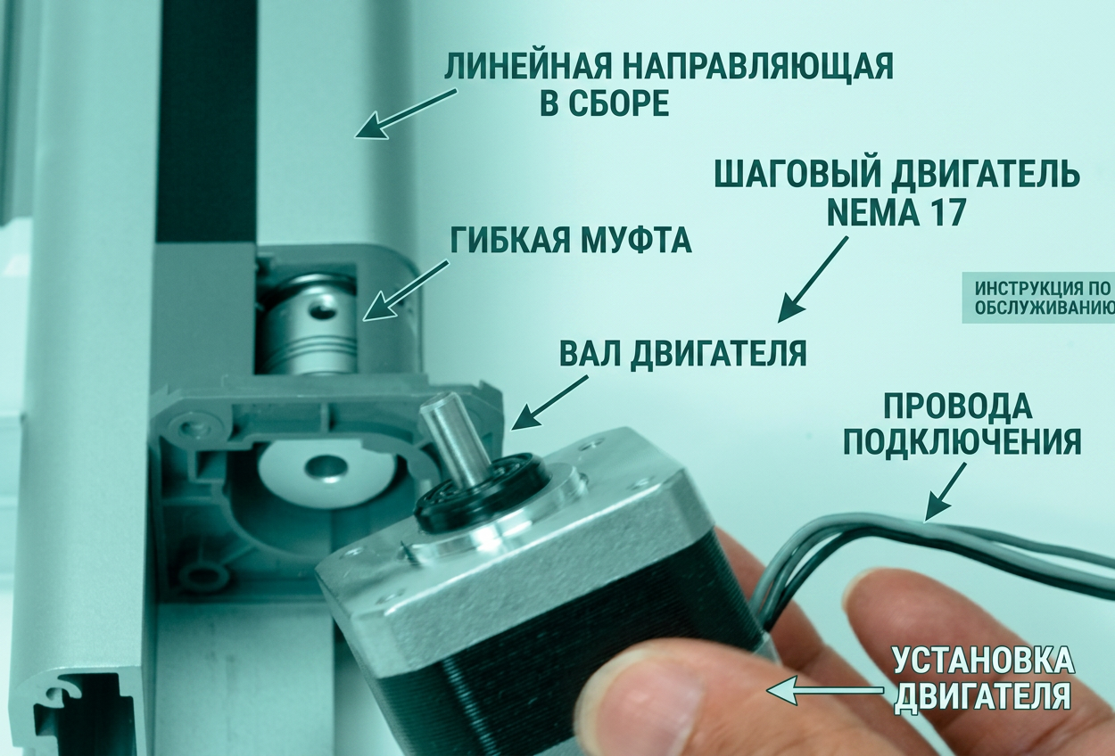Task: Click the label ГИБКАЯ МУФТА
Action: click(571, 241)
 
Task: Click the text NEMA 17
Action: click(896, 212)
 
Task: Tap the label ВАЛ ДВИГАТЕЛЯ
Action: click(683, 354)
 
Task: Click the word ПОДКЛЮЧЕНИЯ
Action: click(962, 443)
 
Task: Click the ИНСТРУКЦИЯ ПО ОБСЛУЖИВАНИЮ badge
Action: click(1038, 298)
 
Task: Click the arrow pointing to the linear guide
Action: click(405, 114)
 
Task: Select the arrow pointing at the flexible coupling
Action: click(405, 291)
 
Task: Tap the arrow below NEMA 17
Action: click(813, 280)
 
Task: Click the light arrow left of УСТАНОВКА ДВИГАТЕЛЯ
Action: click(825, 690)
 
